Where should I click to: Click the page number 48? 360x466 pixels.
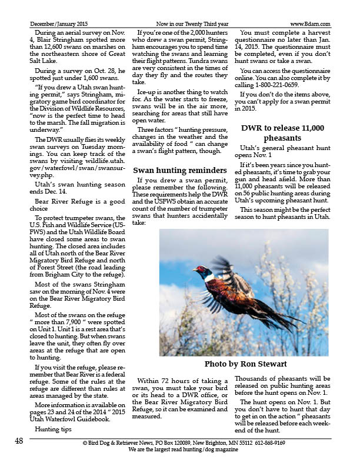pyautogui.click(x=19, y=442)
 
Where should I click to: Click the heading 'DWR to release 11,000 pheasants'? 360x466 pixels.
pyautogui.click(x=283, y=132)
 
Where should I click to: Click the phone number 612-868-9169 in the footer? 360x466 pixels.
pyautogui.click(x=271, y=442)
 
